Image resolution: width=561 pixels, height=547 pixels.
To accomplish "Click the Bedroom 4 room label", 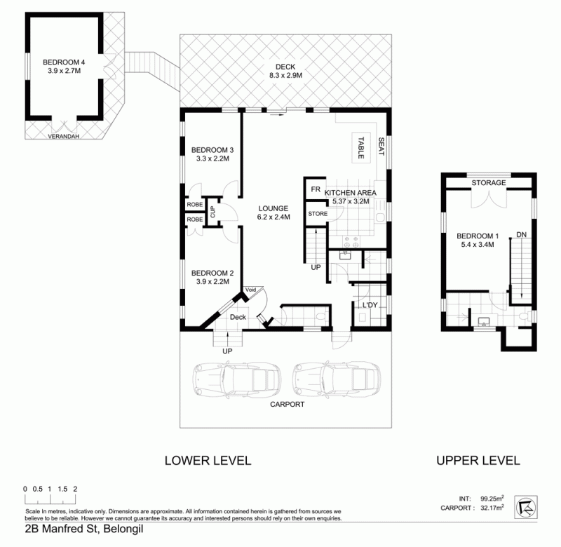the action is pyautogui.click(x=64, y=67).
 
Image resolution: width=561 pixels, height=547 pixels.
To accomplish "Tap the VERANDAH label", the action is pyautogui.click(x=63, y=136).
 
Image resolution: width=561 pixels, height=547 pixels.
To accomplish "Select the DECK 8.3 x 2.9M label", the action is pyautogui.click(x=285, y=71).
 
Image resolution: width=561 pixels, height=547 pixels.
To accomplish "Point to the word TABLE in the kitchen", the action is pyautogui.click(x=361, y=148).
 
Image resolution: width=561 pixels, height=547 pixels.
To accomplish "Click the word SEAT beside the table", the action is pyautogui.click(x=381, y=147).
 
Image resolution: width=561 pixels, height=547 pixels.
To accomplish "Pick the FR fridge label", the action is pyautogui.click(x=316, y=189).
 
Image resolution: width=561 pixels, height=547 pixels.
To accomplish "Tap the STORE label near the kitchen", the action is pyautogui.click(x=318, y=214).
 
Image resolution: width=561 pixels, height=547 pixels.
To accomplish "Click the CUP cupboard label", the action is pyautogui.click(x=213, y=212).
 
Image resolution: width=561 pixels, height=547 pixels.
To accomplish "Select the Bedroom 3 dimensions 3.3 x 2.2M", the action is pyautogui.click(x=212, y=158).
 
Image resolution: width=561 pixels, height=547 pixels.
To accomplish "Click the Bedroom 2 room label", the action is pyautogui.click(x=212, y=277).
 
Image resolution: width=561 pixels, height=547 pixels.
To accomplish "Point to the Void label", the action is pyautogui.click(x=250, y=290).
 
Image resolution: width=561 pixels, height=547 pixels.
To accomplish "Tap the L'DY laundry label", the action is pyautogui.click(x=370, y=305).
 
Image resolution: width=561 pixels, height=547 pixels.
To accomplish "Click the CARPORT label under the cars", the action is pyautogui.click(x=287, y=404).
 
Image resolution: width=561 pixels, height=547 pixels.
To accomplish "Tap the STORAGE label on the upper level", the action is pyautogui.click(x=488, y=183).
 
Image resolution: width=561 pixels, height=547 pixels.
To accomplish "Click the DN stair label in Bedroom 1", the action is pyautogui.click(x=521, y=235).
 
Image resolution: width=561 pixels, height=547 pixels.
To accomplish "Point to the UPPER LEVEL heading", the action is pyautogui.click(x=478, y=461).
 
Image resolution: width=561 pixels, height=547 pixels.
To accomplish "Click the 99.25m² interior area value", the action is pyautogui.click(x=492, y=499).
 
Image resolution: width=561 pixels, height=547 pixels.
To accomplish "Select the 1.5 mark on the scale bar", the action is pyautogui.click(x=62, y=489).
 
